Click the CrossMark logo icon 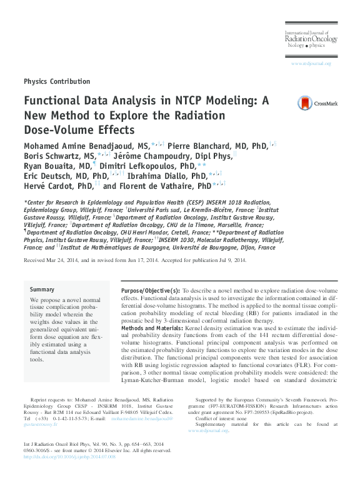click(304, 104)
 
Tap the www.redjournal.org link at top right click(311, 64)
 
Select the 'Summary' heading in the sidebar click(42, 290)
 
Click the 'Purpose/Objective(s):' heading click(149, 291)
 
